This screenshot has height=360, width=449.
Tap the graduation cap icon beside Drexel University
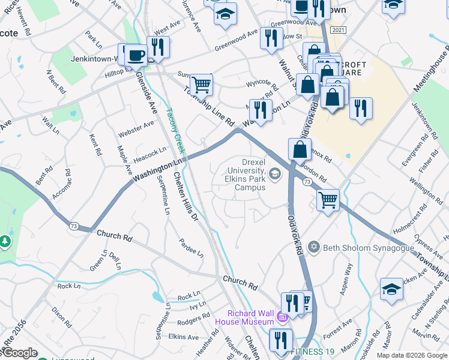point(276,174)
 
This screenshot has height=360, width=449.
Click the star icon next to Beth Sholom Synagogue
point(313,247)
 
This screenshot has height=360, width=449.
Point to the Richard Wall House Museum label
point(251,317)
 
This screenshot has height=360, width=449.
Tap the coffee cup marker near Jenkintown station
point(136,55)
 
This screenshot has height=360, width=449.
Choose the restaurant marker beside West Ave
point(158,46)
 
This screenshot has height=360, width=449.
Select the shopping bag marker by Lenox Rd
point(300,149)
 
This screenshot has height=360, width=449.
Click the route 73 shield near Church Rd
point(74,226)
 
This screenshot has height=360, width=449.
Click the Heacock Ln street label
point(149,154)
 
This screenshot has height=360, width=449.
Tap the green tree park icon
point(5,241)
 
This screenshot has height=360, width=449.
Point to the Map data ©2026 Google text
point(411,355)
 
